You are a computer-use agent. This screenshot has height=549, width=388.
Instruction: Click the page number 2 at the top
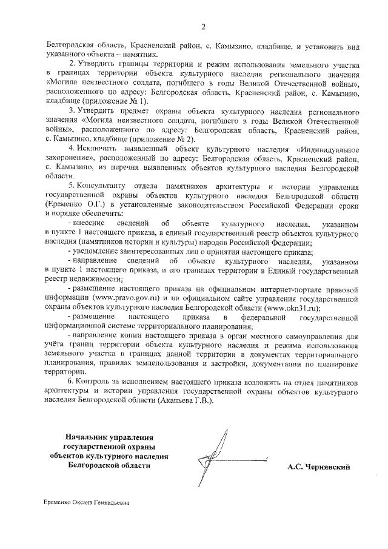pos(204,26)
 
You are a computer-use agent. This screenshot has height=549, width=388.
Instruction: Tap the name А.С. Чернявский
pos(319,466)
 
